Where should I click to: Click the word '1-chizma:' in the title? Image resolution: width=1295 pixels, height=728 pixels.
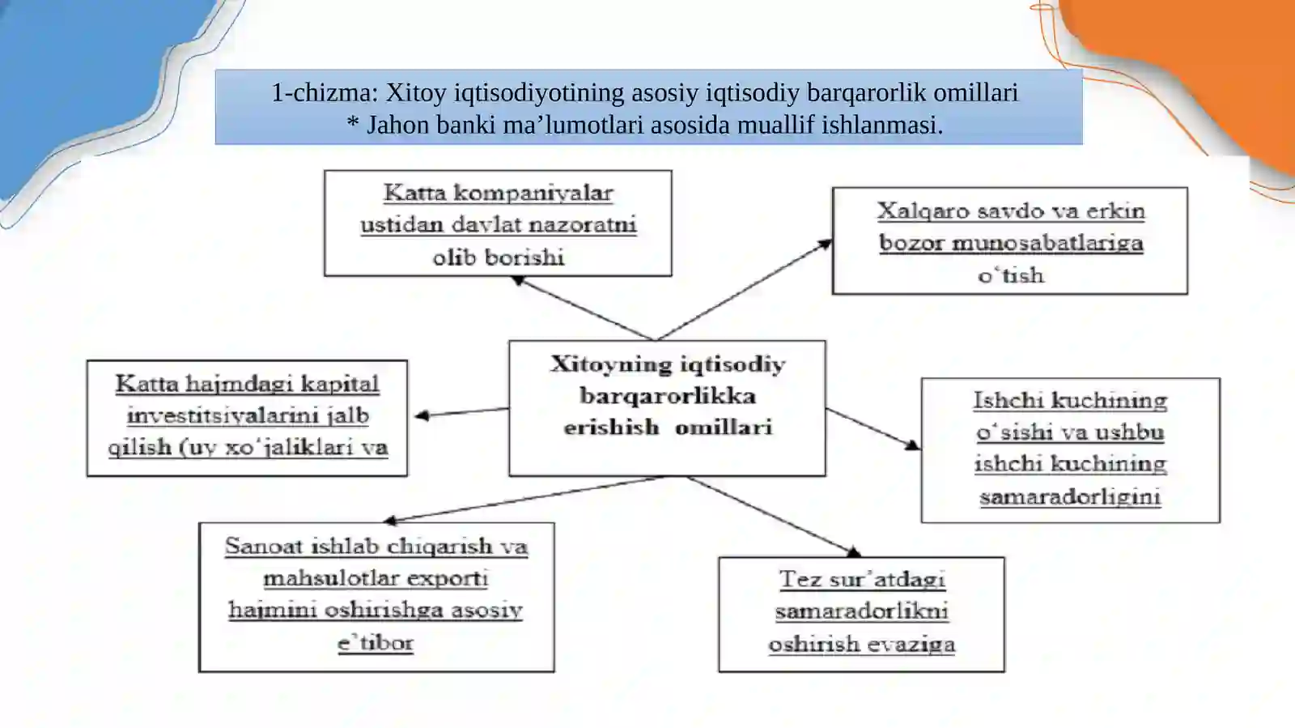coord(325,92)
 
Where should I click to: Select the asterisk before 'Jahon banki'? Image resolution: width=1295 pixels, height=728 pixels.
coord(352,123)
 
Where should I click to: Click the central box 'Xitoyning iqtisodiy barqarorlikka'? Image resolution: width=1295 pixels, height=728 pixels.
coord(667,408)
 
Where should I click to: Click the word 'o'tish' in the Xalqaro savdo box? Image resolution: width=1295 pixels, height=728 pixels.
coord(1011,275)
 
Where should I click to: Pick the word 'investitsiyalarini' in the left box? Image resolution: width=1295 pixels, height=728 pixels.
coord(223,415)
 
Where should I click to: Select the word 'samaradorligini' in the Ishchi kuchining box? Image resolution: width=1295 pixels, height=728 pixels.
coord(1070,496)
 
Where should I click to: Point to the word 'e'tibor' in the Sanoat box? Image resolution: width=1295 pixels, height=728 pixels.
coord(376,643)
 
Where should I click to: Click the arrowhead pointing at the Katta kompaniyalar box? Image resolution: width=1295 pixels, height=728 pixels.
coord(518,280)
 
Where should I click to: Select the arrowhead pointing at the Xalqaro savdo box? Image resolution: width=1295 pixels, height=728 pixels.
coord(824,245)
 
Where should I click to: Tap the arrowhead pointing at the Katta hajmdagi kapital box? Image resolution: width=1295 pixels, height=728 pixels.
coord(422,415)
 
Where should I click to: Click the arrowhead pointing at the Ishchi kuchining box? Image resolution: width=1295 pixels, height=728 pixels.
coord(912,445)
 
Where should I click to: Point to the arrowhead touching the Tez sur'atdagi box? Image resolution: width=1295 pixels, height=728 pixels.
coord(853,552)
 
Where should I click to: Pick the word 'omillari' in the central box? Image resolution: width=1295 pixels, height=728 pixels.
coord(724,428)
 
